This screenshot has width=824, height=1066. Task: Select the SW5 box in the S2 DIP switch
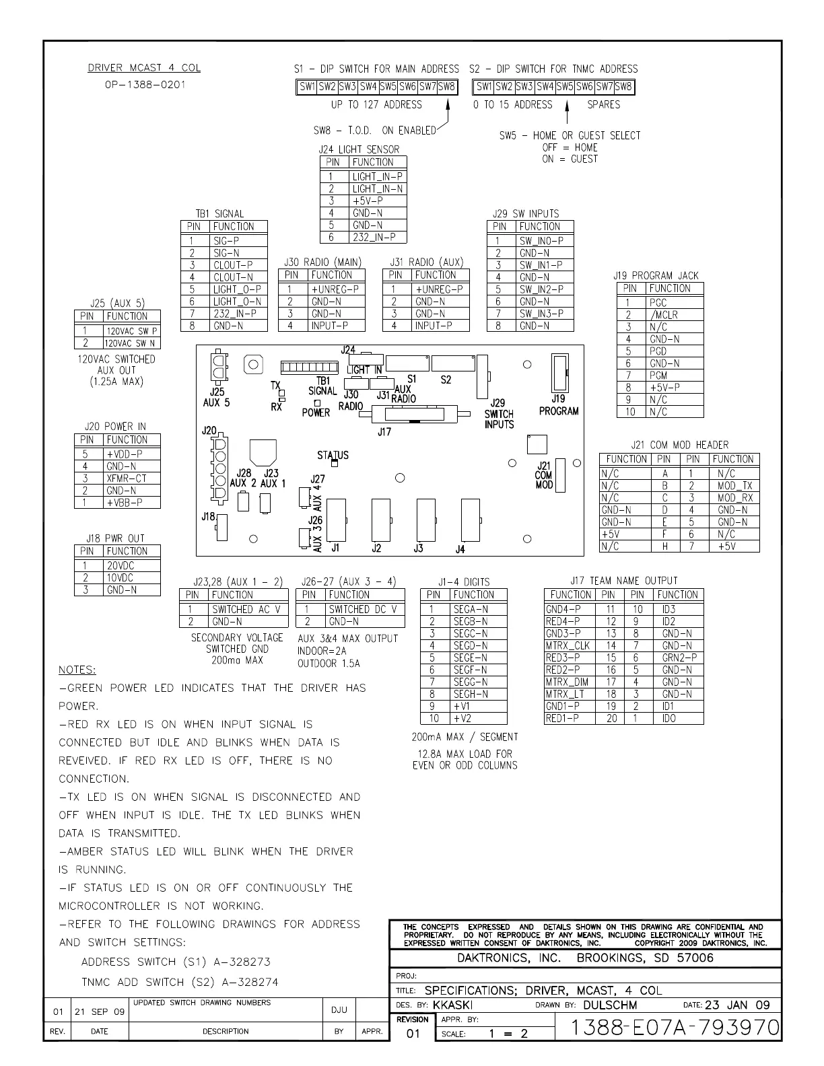click(x=565, y=87)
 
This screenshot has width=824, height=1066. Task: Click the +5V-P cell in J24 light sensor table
click(x=378, y=201)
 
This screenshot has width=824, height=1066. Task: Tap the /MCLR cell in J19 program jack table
click(x=675, y=315)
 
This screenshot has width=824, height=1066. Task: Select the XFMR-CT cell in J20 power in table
click(x=132, y=478)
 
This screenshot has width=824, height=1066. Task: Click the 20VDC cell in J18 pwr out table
click(x=132, y=566)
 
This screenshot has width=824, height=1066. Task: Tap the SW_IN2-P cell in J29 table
click(x=545, y=289)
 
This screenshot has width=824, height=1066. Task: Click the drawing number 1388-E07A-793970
click(x=674, y=1028)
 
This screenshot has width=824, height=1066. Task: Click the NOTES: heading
click(x=77, y=670)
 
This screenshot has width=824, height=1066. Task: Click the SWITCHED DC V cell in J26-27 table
click(x=365, y=609)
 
